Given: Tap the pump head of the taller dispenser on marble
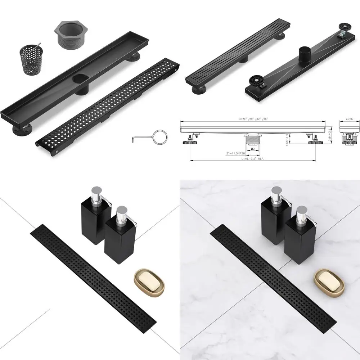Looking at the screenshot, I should pos(276,192).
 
